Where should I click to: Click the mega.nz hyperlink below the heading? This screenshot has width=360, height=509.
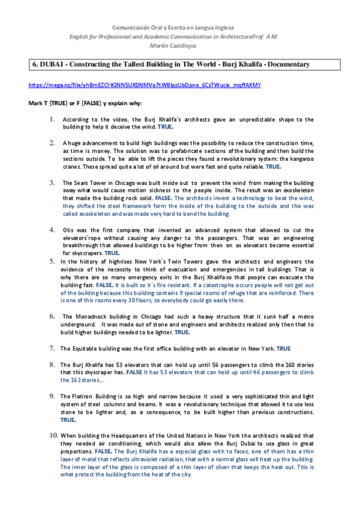click(x=145, y=85)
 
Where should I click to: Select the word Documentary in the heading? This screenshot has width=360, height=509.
click(x=287, y=64)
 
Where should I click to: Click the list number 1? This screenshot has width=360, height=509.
click(x=53, y=119)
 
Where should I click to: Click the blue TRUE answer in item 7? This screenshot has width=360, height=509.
click(x=283, y=348)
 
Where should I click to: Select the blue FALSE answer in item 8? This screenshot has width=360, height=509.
click(x=134, y=372)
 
